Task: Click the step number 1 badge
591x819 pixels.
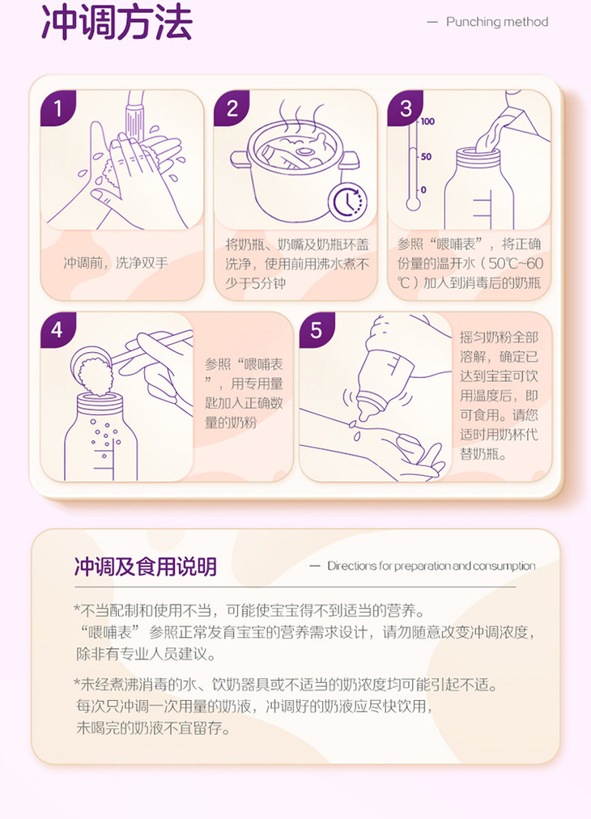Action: (x=58, y=108)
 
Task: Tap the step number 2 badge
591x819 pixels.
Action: (x=232, y=108)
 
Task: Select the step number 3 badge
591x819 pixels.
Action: (x=405, y=108)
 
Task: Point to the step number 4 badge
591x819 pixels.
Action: (x=58, y=330)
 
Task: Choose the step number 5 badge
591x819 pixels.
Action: (x=317, y=330)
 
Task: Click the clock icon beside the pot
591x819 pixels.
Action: (x=347, y=201)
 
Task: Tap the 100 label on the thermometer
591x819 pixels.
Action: (x=427, y=121)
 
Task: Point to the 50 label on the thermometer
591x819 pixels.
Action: (x=426, y=156)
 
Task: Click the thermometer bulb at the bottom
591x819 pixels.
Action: (x=413, y=203)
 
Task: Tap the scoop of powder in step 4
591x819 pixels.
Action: (x=93, y=367)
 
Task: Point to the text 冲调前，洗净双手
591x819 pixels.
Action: (x=116, y=263)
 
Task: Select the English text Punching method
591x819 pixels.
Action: (x=497, y=22)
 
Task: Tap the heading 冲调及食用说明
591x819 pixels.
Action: (x=145, y=567)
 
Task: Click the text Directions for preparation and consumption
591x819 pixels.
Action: (x=431, y=566)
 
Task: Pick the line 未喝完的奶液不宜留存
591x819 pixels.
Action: (x=153, y=728)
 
